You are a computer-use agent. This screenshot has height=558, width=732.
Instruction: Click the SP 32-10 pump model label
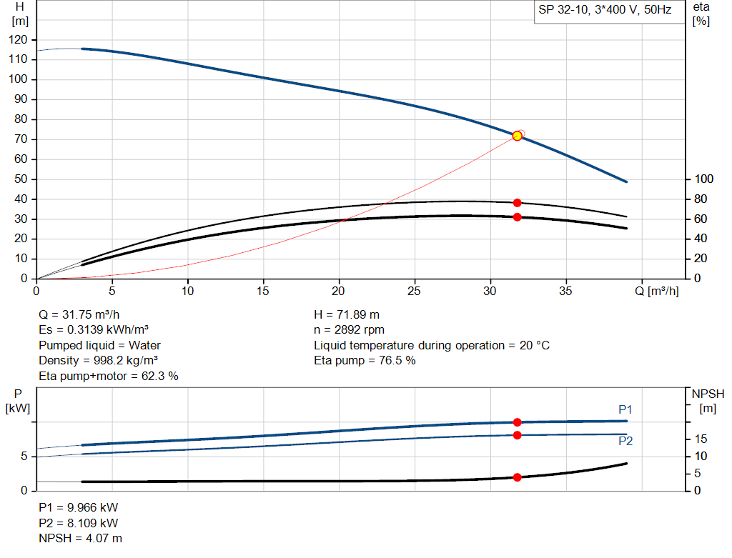(x=605, y=11)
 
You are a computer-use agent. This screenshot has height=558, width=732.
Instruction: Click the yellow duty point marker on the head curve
(x=517, y=136)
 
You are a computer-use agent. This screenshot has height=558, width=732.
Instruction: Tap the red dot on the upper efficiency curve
(x=517, y=203)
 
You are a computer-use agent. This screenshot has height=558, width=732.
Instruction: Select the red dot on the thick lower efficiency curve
(x=517, y=216)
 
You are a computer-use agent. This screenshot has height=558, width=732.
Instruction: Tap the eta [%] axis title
(x=701, y=14)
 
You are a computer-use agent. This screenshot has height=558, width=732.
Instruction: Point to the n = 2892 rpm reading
(x=350, y=330)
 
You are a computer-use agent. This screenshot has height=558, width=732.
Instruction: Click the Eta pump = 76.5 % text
(x=365, y=361)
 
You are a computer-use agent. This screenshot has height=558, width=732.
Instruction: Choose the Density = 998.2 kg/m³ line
(x=98, y=361)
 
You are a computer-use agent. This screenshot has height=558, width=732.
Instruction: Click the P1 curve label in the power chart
(x=625, y=409)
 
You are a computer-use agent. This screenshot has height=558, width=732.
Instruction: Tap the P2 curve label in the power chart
(x=625, y=442)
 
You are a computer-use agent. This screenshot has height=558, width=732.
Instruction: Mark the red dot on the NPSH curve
(x=517, y=477)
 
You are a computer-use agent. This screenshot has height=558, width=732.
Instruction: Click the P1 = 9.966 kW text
(x=78, y=507)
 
